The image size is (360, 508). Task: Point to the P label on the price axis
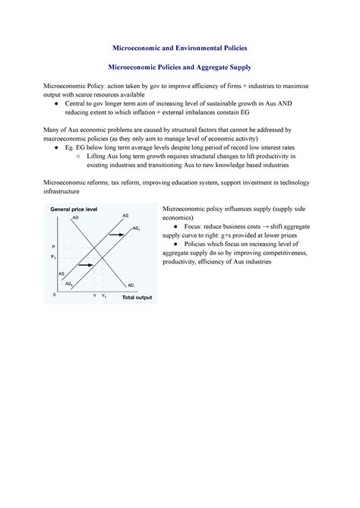[x=53, y=248]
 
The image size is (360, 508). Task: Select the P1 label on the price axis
[x=54, y=257]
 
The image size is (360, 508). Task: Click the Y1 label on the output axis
[x=103, y=295]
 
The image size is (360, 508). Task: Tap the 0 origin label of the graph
[x=54, y=294]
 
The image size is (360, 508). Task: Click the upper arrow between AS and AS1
[x=116, y=235]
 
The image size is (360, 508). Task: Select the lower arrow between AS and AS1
[x=85, y=265]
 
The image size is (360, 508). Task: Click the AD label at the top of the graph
[x=75, y=218]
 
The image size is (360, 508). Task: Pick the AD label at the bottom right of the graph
[x=131, y=285]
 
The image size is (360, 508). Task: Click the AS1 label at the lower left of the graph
[x=69, y=283]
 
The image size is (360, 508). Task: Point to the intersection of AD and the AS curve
[x=93, y=248]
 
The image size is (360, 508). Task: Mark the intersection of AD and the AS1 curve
[x=103, y=257]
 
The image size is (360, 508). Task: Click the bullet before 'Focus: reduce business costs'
[x=176, y=226]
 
